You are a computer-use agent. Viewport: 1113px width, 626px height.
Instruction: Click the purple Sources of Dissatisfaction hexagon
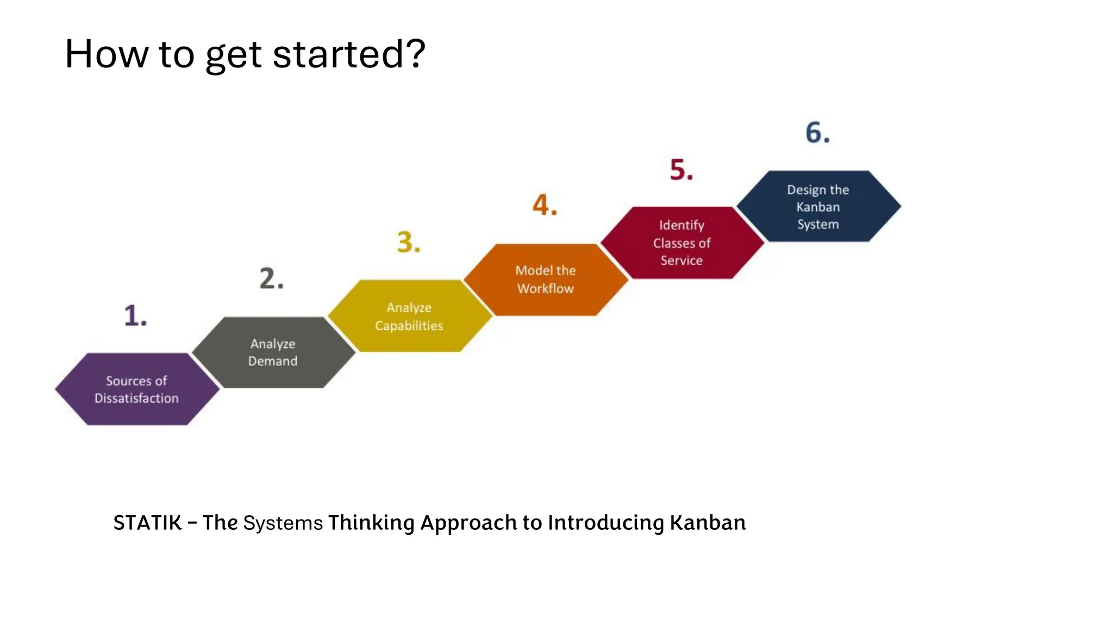tap(137, 389)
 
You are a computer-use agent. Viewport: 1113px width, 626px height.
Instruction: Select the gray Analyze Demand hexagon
tap(273, 352)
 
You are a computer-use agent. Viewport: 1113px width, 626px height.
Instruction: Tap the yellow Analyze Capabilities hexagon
tap(409, 316)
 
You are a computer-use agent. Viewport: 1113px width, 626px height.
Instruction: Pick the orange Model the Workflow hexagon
tap(546, 279)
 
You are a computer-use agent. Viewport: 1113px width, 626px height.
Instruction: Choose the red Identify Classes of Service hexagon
tap(681, 242)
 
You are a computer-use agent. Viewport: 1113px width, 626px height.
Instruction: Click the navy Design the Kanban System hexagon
tap(818, 206)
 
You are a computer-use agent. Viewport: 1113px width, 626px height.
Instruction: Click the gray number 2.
tap(270, 279)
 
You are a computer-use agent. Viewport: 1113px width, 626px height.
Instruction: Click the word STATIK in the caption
tap(147, 523)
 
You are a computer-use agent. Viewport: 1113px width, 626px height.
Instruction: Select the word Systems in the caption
tap(283, 523)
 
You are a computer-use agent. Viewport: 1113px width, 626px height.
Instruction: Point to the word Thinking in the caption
tap(371, 523)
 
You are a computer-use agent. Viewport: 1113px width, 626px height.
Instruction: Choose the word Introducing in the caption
tap(605, 523)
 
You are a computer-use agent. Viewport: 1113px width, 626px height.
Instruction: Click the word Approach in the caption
tap(468, 523)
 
